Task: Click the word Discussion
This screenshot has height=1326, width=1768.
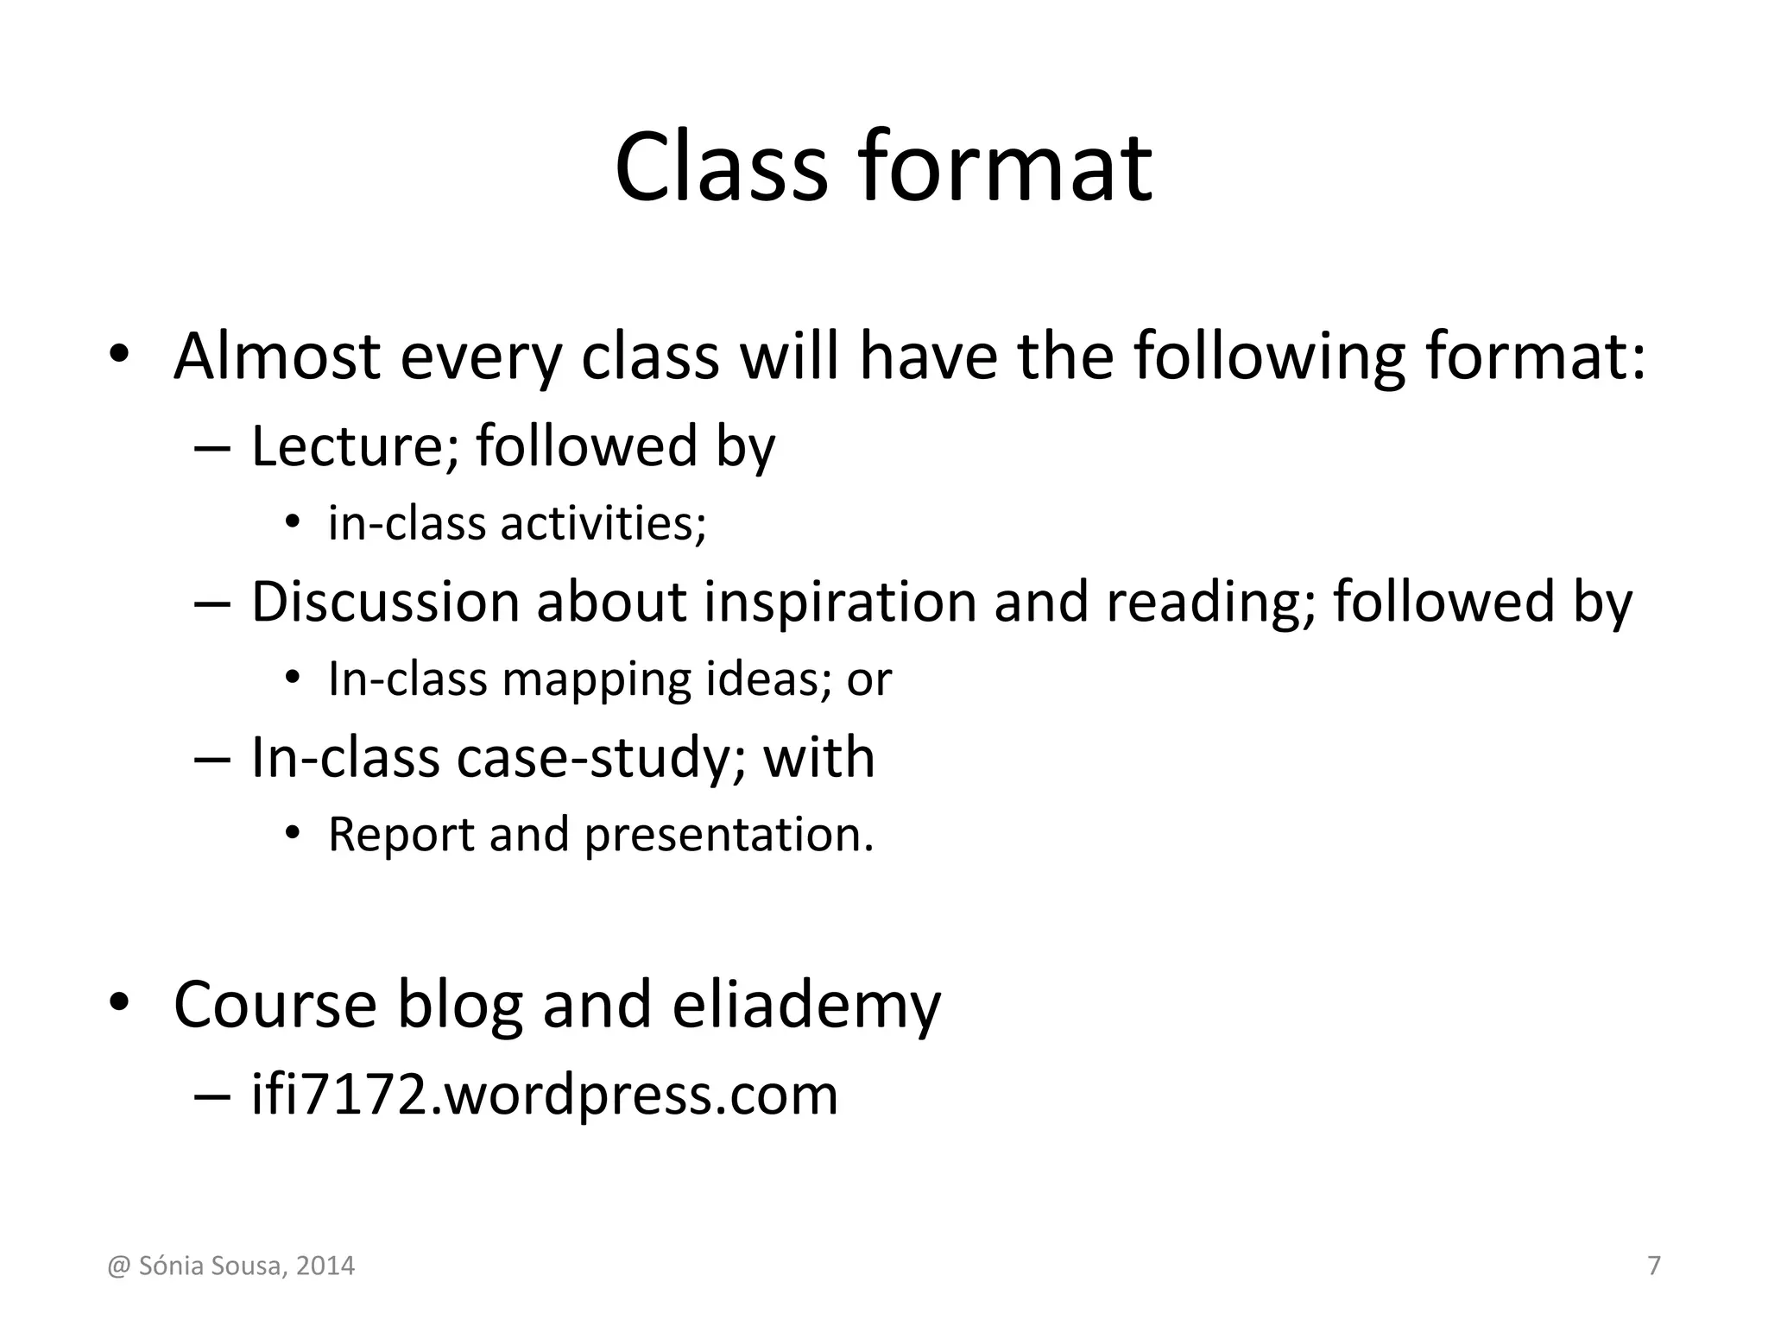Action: click(x=385, y=602)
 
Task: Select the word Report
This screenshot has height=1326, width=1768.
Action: click(x=401, y=835)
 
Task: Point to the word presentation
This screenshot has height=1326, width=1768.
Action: click(x=729, y=835)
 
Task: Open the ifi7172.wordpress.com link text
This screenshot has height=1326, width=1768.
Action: click(x=544, y=1095)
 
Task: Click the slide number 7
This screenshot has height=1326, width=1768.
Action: click(x=1654, y=1266)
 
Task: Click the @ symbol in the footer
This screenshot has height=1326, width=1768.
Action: click(x=117, y=1266)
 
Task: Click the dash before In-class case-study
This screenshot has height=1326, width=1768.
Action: click(x=212, y=759)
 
